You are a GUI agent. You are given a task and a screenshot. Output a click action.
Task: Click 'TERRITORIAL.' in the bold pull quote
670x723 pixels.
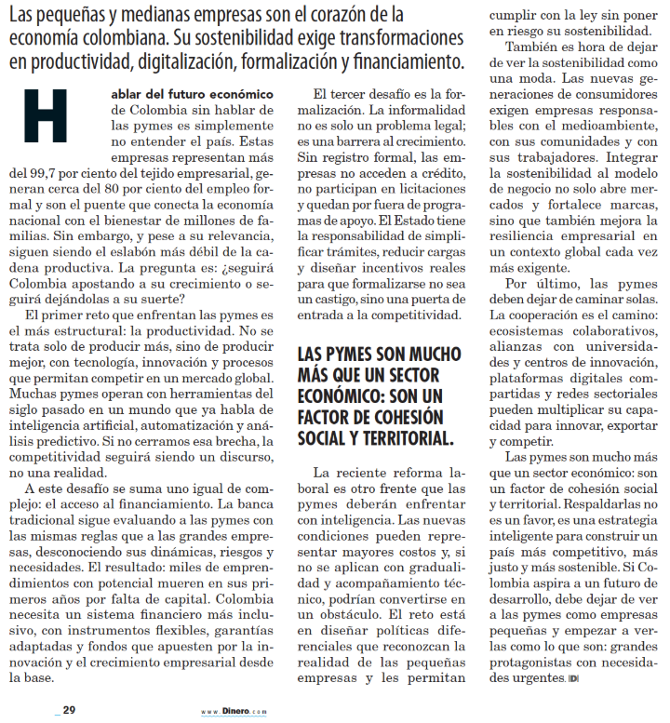[387, 437]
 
